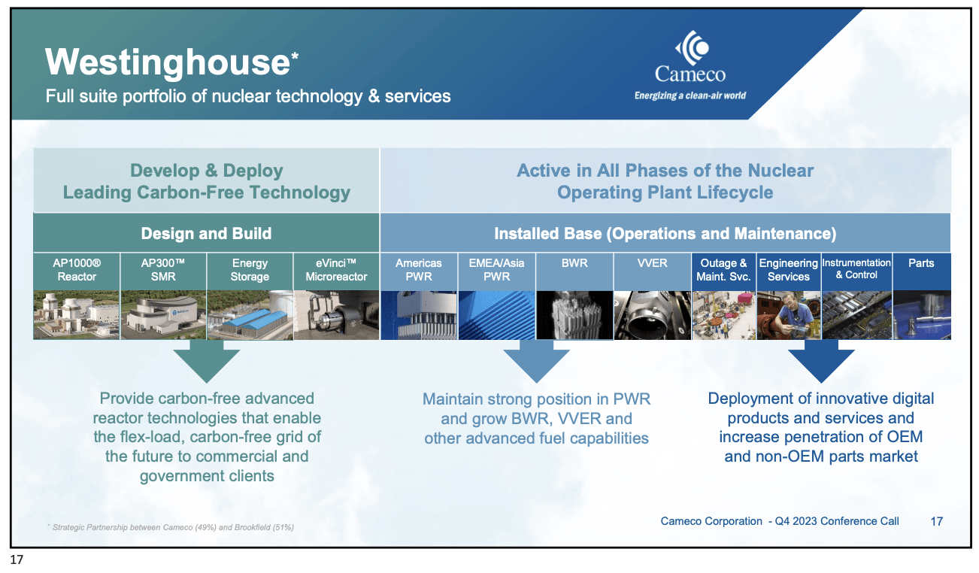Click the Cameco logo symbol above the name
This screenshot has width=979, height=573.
693,47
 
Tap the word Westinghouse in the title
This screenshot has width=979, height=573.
168,62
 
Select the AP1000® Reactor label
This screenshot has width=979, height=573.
77,270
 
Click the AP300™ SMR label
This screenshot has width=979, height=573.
163,270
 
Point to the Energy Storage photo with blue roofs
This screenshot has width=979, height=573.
250,315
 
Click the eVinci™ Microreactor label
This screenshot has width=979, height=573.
336,270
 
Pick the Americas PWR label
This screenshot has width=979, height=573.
419,270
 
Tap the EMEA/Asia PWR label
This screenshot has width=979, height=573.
496,270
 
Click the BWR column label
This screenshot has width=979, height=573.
574,263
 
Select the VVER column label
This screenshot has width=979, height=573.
652,263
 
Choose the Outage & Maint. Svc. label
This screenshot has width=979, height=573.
723,270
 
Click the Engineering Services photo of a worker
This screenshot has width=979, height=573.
789,315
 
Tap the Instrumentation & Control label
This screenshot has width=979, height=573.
856,268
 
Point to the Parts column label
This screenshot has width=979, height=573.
921,263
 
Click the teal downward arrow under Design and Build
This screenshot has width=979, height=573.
206,362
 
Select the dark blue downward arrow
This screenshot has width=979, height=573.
821,362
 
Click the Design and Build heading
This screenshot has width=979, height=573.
206,233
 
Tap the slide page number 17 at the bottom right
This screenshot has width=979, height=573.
937,521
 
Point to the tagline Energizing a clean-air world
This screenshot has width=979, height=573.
690,95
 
